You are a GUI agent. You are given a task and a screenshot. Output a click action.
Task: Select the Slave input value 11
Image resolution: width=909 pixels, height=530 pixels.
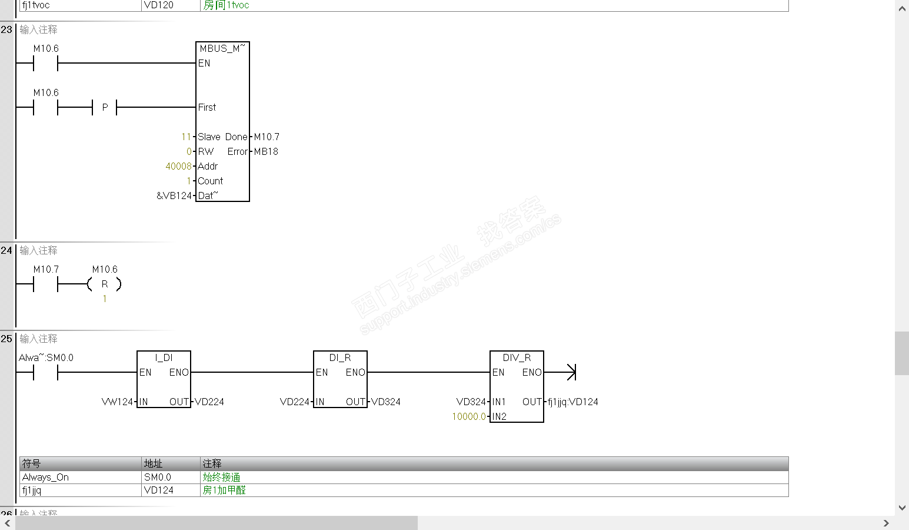pos(186,137)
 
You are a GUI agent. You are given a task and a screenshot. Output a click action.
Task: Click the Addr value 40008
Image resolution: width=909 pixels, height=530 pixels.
pos(178,166)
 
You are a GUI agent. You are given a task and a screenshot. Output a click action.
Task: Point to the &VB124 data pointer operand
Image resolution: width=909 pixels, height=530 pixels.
pos(174,196)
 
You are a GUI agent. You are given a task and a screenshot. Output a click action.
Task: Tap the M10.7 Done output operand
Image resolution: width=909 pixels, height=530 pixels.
pos(267,137)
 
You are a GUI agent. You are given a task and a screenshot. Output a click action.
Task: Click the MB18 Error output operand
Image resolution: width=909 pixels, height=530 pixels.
pos(266,151)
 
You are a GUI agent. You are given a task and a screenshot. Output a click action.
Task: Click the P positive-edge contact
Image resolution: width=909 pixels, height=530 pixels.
pos(105,107)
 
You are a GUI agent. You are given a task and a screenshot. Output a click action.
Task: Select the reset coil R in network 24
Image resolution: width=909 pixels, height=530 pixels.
pos(105,284)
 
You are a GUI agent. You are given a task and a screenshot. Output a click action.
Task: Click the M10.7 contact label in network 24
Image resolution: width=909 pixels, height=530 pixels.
pos(46,269)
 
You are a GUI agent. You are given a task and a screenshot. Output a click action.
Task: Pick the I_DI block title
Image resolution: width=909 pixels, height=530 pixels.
pos(164,357)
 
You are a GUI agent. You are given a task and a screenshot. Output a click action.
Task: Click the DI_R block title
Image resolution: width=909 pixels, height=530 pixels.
pos(340,357)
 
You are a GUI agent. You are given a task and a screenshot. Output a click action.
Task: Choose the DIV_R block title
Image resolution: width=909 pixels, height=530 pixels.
pos(517,357)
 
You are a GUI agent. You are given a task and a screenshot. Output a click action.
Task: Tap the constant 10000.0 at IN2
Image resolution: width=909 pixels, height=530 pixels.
pos(469,416)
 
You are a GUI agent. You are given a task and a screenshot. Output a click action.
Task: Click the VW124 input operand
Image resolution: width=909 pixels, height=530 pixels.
pos(117,402)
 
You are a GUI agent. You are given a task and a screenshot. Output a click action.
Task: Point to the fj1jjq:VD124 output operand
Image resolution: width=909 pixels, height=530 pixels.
pos(572,402)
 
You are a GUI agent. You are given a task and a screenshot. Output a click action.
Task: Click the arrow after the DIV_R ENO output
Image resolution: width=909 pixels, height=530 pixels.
pos(571,372)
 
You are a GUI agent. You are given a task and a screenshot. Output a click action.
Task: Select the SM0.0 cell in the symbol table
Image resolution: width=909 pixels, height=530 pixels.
pos(158,477)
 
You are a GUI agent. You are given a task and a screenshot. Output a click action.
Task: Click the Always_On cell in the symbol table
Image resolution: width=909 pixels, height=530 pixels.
pos(45,477)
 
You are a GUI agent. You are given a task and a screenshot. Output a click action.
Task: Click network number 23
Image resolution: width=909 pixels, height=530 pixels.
pos(6,29)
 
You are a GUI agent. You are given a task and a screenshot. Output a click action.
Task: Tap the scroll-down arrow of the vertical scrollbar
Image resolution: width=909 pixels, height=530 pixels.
pos(902,508)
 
